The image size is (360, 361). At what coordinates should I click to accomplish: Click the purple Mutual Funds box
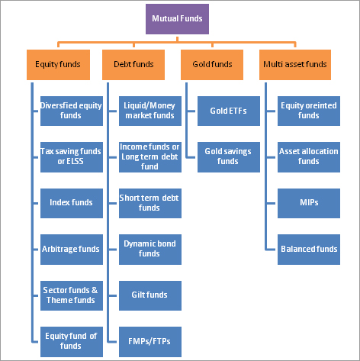(x=177, y=19)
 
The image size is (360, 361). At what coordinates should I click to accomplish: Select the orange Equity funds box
(x=58, y=65)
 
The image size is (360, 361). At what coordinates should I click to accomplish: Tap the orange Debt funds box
(x=133, y=65)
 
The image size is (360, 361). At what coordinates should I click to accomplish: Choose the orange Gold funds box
(x=212, y=65)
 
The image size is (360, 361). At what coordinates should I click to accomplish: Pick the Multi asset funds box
(x=295, y=65)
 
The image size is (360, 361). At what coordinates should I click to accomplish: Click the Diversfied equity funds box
(x=72, y=111)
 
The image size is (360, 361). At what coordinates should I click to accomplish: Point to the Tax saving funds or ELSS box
(x=72, y=157)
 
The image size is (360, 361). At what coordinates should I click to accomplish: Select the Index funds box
(x=72, y=203)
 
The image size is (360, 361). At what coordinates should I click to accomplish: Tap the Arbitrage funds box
(x=72, y=250)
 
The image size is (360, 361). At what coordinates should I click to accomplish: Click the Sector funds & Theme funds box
(x=72, y=295)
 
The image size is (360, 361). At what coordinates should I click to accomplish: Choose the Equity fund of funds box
(x=72, y=342)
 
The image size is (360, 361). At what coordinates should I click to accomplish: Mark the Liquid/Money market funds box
(x=150, y=111)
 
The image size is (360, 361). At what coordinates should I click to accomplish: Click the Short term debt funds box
(x=150, y=203)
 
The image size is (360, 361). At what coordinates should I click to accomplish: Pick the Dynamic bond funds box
(x=150, y=250)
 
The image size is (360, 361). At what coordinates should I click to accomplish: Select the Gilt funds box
(x=150, y=295)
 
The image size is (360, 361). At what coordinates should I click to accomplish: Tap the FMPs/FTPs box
(x=150, y=342)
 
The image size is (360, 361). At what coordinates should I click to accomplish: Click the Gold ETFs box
(x=229, y=111)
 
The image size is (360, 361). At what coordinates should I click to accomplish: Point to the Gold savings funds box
(x=229, y=157)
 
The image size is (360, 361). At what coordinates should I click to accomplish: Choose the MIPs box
(x=309, y=203)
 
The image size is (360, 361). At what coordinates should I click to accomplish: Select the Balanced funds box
(x=309, y=250)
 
